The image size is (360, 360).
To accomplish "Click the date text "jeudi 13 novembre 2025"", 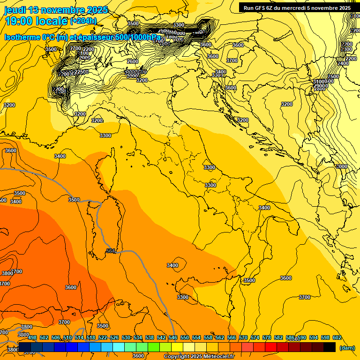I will [56, 10].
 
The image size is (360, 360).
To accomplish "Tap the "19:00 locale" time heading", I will [36, 21].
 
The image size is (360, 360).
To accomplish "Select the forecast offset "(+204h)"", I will [83, 21].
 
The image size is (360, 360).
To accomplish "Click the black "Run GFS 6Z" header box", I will [297, 7].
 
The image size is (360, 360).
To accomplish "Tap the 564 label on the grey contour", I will [111, 251].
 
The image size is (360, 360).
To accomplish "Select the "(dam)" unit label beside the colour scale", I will [347, 347].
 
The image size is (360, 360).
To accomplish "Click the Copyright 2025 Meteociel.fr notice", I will [199, 356].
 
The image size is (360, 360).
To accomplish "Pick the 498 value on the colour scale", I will [32, 337].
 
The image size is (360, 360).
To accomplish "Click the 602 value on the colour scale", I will [337, 337].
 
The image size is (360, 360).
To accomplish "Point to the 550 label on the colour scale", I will [185, 337].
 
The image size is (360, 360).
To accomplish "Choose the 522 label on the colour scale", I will [103, 337].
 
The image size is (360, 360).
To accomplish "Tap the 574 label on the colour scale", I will [255, 337].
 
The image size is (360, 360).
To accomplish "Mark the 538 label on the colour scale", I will [150, 337].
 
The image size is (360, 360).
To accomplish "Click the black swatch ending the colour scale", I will [330, 347].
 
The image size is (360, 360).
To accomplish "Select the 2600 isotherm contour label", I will [133, 61].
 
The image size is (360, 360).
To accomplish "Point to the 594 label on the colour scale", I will [314, 337].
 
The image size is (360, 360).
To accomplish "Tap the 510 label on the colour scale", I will [67, 337].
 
